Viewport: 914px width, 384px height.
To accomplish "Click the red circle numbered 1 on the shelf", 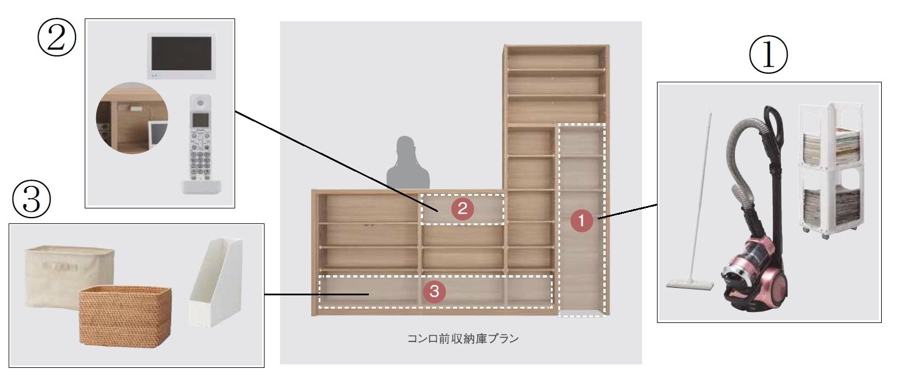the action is point(581,220).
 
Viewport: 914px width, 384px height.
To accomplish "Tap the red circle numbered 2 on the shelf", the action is point(462,209).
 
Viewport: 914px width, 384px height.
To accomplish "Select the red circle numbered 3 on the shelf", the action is point(434,291).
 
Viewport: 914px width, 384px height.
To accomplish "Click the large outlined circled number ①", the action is point(768,55).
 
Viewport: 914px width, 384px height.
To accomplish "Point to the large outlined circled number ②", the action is point(56,37).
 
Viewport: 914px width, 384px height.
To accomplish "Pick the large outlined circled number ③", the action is point(32,200).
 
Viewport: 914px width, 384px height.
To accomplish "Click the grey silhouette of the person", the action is point(407,163).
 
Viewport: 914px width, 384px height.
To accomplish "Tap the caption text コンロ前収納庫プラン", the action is point(463,339).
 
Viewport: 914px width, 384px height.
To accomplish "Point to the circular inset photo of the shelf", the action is point(132,118).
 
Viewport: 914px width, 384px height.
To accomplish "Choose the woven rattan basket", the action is point(125,317).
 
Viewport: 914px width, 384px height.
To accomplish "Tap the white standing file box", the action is point(217,283).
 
